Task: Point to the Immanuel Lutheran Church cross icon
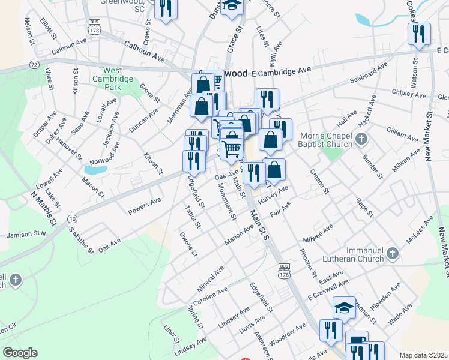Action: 393,253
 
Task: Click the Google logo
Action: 20,353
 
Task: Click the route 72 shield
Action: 34,64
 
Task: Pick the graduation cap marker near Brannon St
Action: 343,308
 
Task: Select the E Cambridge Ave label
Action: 282,71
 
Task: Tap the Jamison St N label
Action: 26,235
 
